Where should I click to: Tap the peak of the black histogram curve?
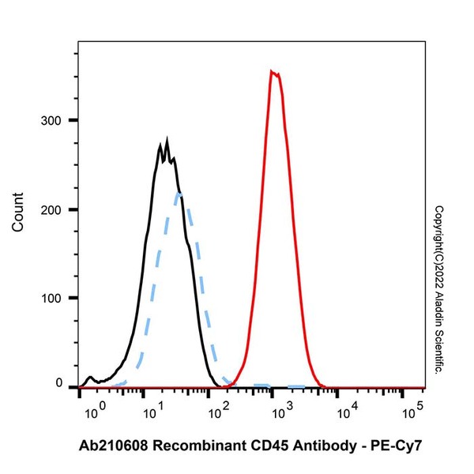tap(167, 145)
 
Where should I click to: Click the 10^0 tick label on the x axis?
tap(92, 412)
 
